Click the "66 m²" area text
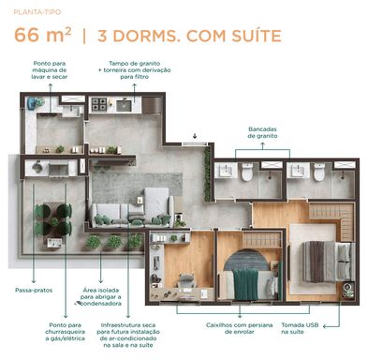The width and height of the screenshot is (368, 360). (42, 35)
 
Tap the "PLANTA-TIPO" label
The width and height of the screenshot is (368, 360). (37, 12)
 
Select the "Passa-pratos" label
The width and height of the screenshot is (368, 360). (34, 291)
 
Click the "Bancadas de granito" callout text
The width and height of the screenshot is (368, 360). (262, 132)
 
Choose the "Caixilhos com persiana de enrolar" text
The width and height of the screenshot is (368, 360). (240, 328)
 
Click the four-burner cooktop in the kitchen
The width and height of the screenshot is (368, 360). (99, 105)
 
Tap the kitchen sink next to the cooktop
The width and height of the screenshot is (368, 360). (124, 105)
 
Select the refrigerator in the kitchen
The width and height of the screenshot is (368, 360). (152, 105)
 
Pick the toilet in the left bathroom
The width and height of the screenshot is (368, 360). (247, 172)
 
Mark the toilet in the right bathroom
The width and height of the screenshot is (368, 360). (319, 172)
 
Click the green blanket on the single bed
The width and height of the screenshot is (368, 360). (246, 284)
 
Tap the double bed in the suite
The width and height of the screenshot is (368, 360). (329, 262)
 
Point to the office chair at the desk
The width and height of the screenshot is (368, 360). (186, 280)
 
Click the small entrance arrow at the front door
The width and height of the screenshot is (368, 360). (195, 136)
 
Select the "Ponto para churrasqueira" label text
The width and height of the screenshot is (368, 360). (65, 332)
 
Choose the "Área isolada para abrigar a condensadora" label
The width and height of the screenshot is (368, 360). (101, 297)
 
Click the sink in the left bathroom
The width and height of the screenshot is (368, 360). (226, 171)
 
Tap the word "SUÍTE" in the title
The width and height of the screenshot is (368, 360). (257, 36)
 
